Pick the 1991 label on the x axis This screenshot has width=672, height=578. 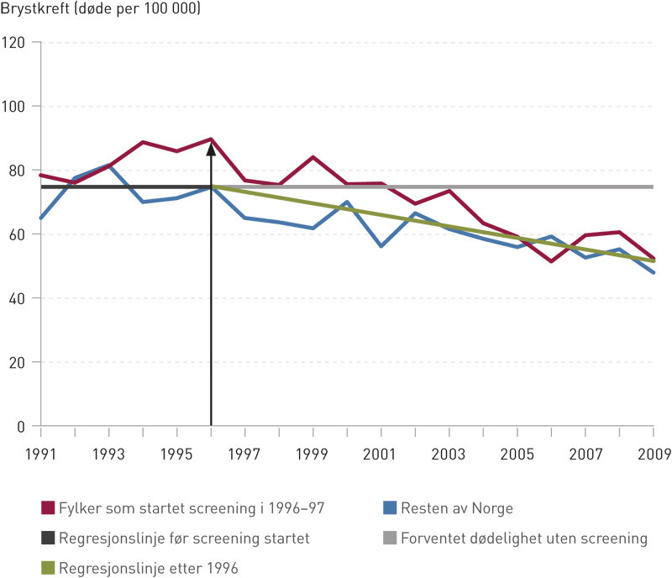41,455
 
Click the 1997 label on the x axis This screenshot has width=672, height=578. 244,455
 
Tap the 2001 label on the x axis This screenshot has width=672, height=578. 381,455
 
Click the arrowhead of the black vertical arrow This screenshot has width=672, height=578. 211,150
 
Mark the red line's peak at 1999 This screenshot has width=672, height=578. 312,157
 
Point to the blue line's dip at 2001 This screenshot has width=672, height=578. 381,246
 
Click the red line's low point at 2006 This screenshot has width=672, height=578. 551,261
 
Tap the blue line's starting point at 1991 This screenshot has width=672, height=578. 41,218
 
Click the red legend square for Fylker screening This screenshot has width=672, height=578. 48,507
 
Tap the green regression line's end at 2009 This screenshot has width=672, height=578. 653,260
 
